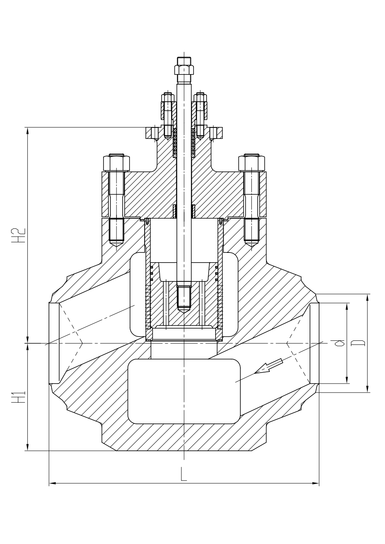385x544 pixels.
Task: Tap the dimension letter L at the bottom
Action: (x=184, y=474)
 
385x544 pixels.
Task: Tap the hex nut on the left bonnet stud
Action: (x=117, y=163)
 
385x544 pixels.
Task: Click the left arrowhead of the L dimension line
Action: (x=52, y=484)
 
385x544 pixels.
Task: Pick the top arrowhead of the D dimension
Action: (x=368, y=297)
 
